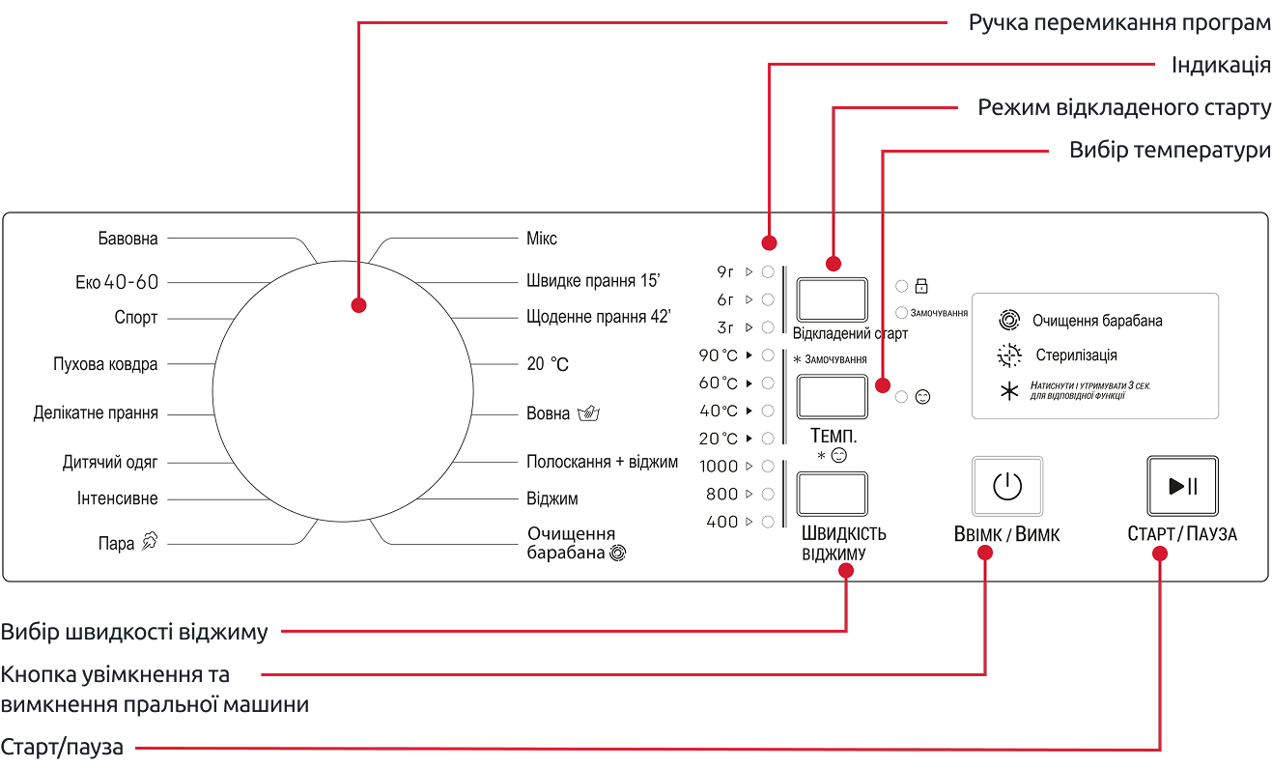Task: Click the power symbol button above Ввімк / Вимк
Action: (1007, 486)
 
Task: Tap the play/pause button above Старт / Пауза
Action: (1182, 486)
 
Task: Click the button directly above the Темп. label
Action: (832, 397)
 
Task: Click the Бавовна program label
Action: (127, 238)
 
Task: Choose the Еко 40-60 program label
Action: (117, 283)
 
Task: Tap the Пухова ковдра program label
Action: (105, 364)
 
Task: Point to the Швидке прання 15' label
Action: (593, 282)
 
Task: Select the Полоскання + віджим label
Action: (603, 462)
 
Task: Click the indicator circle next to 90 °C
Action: (768, 355)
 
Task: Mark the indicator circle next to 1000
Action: (768, 466)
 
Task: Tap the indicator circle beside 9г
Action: (768, 271)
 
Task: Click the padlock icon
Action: (921, 286)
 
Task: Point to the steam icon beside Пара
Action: (149, 542)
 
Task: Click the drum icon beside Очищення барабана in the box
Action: (1008, 321)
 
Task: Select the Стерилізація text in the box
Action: (1076, 355)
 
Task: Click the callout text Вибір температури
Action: (1169, 152)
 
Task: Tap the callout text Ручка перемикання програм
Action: (1119, 23)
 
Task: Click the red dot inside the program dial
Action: (359, 305)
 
